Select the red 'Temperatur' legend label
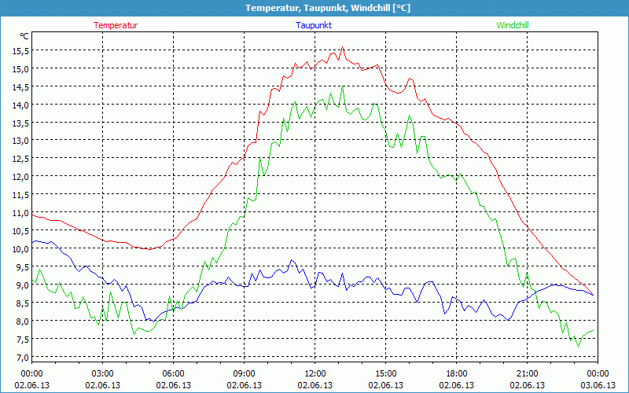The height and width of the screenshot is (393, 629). [x=116, y=25]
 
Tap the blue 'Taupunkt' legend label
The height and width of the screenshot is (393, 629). [x=314, y=25]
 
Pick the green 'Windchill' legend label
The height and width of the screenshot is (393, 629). [x=513, y=25]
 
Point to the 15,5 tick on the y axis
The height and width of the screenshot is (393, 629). [x=20, y=50]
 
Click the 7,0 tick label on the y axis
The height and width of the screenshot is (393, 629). [x=20, y=357]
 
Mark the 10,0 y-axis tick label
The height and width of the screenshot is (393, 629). [x=20, y=248]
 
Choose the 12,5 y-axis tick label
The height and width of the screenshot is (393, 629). [x=20, y=159]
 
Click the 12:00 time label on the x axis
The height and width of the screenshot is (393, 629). [x=315, y=373]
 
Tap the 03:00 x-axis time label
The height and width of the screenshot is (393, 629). [x=103, y=373]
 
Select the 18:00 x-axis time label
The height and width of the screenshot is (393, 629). [x=457, y=373]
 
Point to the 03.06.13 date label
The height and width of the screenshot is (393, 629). [x=598, y=385]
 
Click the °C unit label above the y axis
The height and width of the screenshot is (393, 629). [x=24, y=36]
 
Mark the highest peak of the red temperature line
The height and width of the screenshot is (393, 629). [x=343, y=47]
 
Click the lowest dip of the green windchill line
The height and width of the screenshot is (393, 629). [x=579, y=346]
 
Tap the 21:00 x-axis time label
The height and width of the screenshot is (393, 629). [x=528, y=373]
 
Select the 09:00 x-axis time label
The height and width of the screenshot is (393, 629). [x=245, y=373]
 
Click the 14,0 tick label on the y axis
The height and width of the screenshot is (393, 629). [x=20, y=105]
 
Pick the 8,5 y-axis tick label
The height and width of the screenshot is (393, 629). [x=20, y=303]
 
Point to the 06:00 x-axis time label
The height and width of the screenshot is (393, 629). [x=174, y=373]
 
